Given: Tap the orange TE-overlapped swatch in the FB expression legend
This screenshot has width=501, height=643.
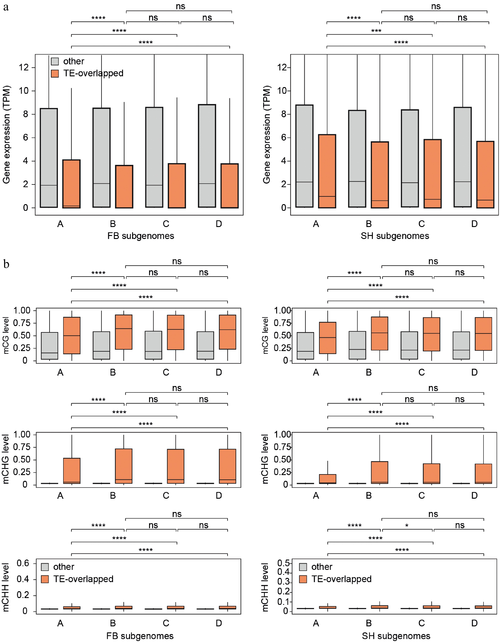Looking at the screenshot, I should (55, 73).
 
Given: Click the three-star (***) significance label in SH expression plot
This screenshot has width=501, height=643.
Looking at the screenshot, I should (376, 31).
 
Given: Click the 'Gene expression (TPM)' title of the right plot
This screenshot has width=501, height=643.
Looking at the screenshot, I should (266, 134).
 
